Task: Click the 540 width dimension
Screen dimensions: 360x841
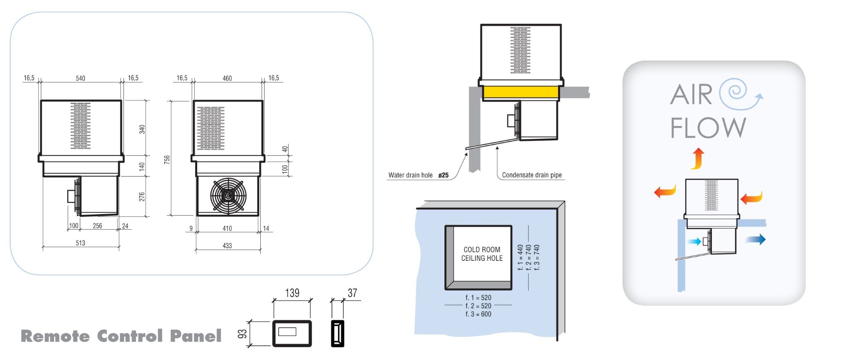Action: (80, 78)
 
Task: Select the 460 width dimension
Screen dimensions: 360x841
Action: (227, 78)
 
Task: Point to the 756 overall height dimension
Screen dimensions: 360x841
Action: (167, 159)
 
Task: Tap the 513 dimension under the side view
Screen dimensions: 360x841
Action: (80, 243)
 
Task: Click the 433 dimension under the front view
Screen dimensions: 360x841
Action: (227, 245)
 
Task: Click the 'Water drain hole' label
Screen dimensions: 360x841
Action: (410, 175)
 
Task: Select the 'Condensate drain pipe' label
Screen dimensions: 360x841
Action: (532, 175)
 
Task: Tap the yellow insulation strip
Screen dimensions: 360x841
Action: (521, 92)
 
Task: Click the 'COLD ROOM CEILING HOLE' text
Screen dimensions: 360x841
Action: (482, 254)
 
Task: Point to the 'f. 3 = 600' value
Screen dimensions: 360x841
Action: (478, 314)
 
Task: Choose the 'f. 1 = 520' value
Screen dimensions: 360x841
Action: (478, 298)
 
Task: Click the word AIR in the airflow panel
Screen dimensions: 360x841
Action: (691, 95)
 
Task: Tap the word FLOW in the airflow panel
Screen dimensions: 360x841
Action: (708, 127)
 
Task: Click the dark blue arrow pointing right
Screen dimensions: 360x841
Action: (756, 240)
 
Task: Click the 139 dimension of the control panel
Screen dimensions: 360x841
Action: (292, 293)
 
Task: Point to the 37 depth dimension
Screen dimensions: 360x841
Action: (352, 293)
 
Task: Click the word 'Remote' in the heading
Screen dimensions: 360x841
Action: (55, 336)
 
